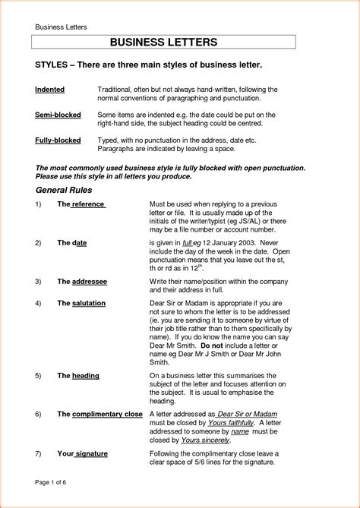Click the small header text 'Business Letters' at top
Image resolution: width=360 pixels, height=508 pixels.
click(62, 27)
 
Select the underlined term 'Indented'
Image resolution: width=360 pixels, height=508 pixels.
click(50, 90)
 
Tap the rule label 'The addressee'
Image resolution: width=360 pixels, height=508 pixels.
click(82, 281)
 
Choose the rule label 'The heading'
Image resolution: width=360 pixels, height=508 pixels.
click(78, 376)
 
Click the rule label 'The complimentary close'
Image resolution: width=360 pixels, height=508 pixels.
click(99, 414)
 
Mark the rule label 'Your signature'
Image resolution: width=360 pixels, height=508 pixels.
click(82, 453)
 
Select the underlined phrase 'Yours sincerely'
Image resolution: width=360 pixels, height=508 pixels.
click(206, 440)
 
